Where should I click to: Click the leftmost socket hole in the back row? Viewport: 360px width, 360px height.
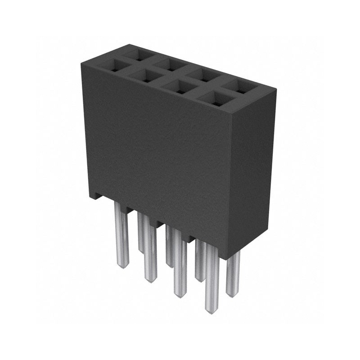pyautogui.click(x=139, y=55)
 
